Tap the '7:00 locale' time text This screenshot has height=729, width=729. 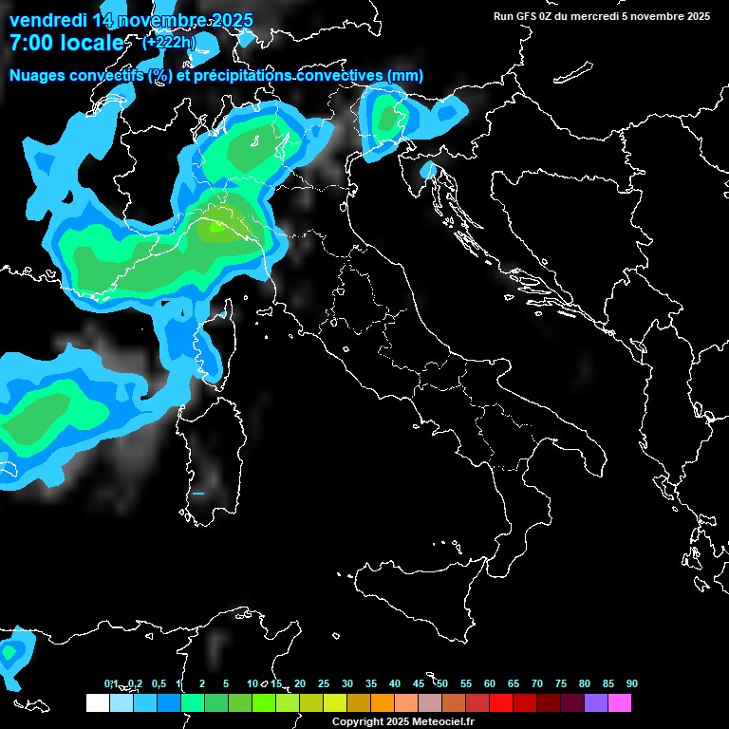65,43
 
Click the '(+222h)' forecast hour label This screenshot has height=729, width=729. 169,41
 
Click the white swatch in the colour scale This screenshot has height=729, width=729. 97,702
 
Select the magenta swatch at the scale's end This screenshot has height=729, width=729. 619,702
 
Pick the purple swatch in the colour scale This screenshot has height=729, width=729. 595,702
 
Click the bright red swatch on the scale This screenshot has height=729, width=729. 500,702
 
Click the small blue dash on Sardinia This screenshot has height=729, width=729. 198,494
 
